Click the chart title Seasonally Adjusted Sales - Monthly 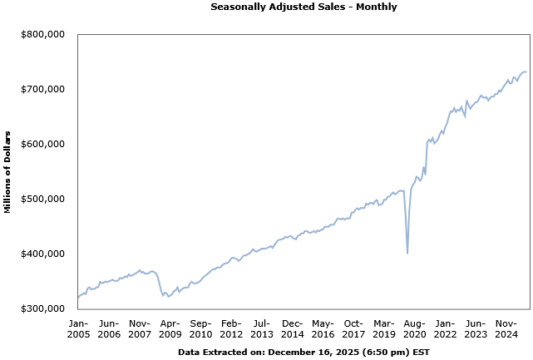(304, 7)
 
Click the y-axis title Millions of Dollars (7, 172)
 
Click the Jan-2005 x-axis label (78, 328)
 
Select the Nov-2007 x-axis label (139, 328)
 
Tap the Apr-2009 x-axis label (170, 328)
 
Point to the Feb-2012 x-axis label (231, 328)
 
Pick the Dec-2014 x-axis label (292, 328)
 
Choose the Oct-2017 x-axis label (353, 328)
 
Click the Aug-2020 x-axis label (414, 328)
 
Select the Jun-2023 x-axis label (476, 328)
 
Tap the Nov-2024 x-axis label (506, 328)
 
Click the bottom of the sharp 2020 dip (407, 253)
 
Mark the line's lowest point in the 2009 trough (168, 297)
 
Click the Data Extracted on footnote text (304, 353)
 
